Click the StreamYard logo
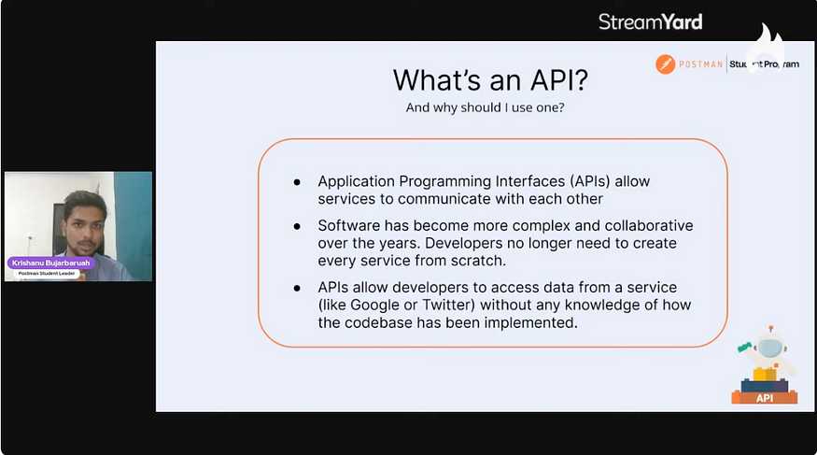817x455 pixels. pos(650,21)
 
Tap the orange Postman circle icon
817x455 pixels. pos(665,64)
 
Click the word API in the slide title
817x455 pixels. pos(559,80)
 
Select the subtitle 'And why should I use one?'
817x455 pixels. pos(485,107)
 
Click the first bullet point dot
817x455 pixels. pos(297,182)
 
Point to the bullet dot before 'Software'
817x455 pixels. pos(297,226)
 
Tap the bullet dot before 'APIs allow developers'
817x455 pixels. pos(297,288)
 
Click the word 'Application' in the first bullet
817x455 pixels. pos(357,182)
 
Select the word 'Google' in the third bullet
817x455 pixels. pos(374,305)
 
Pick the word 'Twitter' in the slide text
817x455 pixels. pos(447,305)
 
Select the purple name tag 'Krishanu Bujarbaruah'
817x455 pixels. pos(51,263)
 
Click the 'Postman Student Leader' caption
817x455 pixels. pos(47,273)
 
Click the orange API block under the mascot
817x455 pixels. pos(765,398)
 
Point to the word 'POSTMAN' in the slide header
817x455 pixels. pos(701,64)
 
